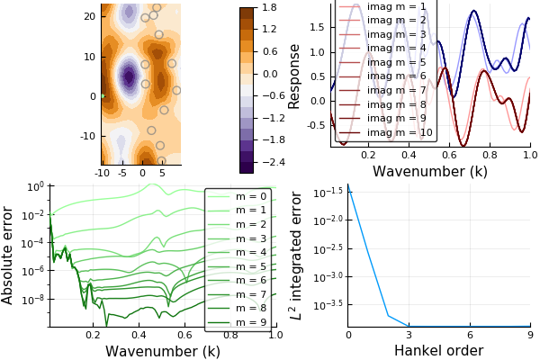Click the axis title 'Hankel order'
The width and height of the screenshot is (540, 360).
(438, 351)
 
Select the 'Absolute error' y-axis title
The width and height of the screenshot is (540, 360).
(8, 255)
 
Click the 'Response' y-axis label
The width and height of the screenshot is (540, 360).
(293, 76)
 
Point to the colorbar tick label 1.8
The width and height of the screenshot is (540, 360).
(269, 7)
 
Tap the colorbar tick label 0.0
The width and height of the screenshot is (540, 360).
(269, 74)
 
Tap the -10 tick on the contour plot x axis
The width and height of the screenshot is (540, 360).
(102, 172)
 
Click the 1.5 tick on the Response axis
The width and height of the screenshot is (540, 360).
(317, 27)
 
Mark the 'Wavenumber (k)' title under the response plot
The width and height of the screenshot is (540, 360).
(429, 171)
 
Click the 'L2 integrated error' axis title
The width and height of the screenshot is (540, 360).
(293, 256)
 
